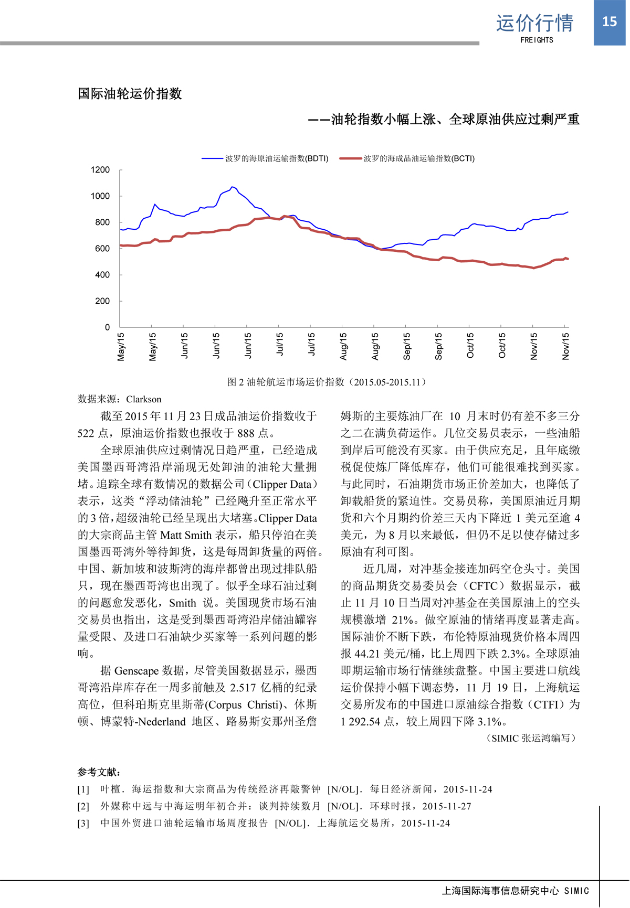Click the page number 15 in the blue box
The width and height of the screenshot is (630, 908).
pos(609,22)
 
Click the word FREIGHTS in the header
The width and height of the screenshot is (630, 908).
pos(537,40)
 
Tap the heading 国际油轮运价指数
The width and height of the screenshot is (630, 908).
pos(130,94)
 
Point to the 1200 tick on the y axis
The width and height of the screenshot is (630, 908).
pos(100,170)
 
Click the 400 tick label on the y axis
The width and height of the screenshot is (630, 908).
pos(102,275)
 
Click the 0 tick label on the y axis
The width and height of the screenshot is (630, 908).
pos(107,327)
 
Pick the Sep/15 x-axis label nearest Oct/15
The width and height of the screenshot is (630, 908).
pos(439,346)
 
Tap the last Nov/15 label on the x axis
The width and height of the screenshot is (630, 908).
pos(565,346)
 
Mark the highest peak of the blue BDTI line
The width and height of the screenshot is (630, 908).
pos(233,187)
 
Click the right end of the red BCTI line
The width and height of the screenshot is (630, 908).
pos(568,259)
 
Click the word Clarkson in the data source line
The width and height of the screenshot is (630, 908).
pos(143,399)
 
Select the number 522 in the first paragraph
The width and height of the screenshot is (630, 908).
pos(86,433)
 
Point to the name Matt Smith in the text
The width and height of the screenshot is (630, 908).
pos(186,535)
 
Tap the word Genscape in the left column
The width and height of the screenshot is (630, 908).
pos(136,671)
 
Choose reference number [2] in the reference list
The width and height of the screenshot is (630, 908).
pos(83,806)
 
